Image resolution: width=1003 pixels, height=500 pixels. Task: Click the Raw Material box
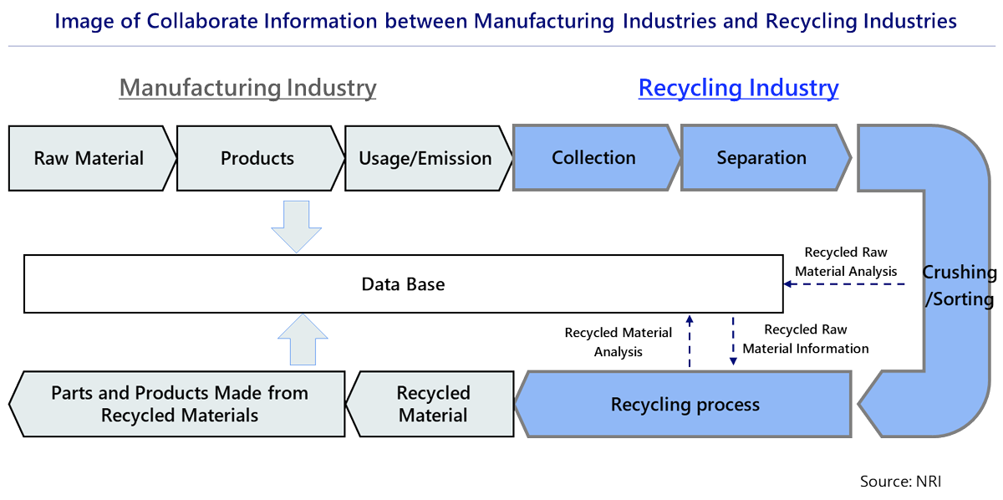coord(89,158)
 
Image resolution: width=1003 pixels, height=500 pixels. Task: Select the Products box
coord(257,158)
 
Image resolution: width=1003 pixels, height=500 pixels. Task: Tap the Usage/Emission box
coord(425,158)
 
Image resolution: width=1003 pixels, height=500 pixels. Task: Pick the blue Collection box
coord(593,158)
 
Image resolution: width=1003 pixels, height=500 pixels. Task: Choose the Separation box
coord(761,158)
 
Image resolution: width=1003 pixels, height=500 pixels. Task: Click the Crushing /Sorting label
coord(959,286)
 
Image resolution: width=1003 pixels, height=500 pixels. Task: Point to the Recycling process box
coord(685,406)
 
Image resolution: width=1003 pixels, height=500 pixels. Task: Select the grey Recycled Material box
coord(433,404)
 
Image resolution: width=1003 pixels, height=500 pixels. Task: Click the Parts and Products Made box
coord(180,404)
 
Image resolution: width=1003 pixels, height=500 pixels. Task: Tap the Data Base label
coord(403,284)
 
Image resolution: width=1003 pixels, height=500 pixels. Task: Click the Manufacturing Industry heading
coord(247,88)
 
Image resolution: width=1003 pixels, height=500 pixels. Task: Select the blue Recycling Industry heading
coord(738,88)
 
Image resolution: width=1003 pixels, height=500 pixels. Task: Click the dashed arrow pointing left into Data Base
coord(844,284)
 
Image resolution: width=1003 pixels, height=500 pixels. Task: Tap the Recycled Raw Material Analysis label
coord(846,261)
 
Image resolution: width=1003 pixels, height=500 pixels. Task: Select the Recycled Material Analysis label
coord(619,342)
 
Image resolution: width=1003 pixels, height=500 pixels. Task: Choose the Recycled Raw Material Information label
coord(806,339)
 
